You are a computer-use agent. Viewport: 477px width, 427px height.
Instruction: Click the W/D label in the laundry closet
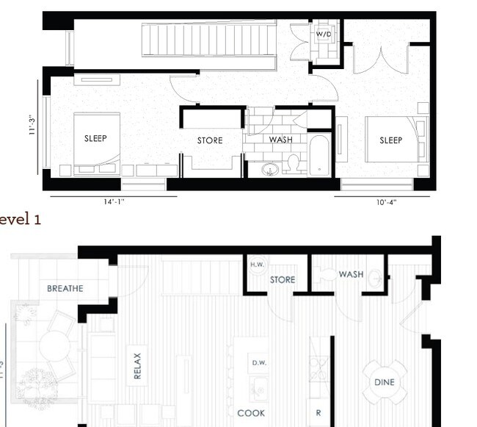coord(323,35)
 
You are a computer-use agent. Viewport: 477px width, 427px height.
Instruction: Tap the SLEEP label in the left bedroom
coord(95,138)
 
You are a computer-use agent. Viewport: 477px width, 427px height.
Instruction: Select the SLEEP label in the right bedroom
coord(390,140)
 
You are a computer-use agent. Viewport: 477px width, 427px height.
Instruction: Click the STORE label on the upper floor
coord(210,140)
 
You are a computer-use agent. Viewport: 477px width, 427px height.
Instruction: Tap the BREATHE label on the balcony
coord(65,288)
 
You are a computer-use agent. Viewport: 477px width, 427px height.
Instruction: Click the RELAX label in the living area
coord(137,365)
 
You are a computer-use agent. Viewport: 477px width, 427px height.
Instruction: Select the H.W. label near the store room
coord(257,265)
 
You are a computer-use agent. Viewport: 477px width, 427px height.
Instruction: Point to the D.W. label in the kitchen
coord(258,362)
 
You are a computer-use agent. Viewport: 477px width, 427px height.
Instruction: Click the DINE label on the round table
coord(385,382)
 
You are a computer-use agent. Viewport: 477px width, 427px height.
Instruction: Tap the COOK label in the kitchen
coord(251,413)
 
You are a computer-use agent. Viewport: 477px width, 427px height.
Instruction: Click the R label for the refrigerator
coord(318,413)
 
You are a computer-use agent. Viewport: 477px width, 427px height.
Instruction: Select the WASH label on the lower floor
coord(351,274)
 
